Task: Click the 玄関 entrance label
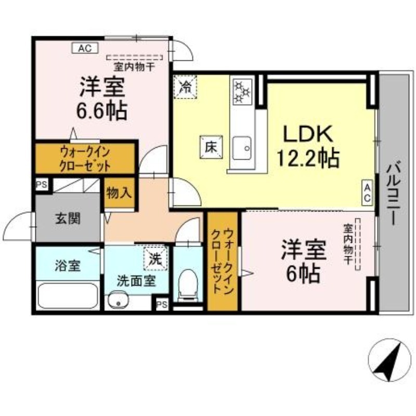pos(68,218)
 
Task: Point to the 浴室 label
pos(68,265)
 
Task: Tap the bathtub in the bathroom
pos(69,297)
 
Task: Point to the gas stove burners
pos(242,92)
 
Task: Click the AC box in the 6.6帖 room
pos(84,49)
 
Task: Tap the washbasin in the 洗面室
pos(119,300)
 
